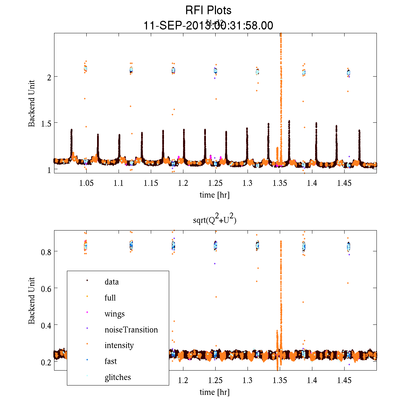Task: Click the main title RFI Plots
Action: (208, 10)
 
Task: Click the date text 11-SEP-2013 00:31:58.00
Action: (208, 26)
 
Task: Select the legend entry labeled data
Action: (111, 282)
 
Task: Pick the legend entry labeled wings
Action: (114, 314)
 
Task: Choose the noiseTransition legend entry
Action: (131, 330)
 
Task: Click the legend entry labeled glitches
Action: (118, 377)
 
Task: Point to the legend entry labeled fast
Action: (111, 361)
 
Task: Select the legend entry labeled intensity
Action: (119, 345)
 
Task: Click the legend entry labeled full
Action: (110, 298)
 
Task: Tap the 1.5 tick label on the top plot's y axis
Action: (44, 123)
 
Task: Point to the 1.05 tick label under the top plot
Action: (86, 183)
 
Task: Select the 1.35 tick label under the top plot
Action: (280, 183)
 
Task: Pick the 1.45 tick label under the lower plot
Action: (344, 380)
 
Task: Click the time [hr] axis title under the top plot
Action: (214, 195)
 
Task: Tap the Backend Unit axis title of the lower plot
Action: (32, 301)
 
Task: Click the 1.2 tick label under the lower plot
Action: (183, 380)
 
